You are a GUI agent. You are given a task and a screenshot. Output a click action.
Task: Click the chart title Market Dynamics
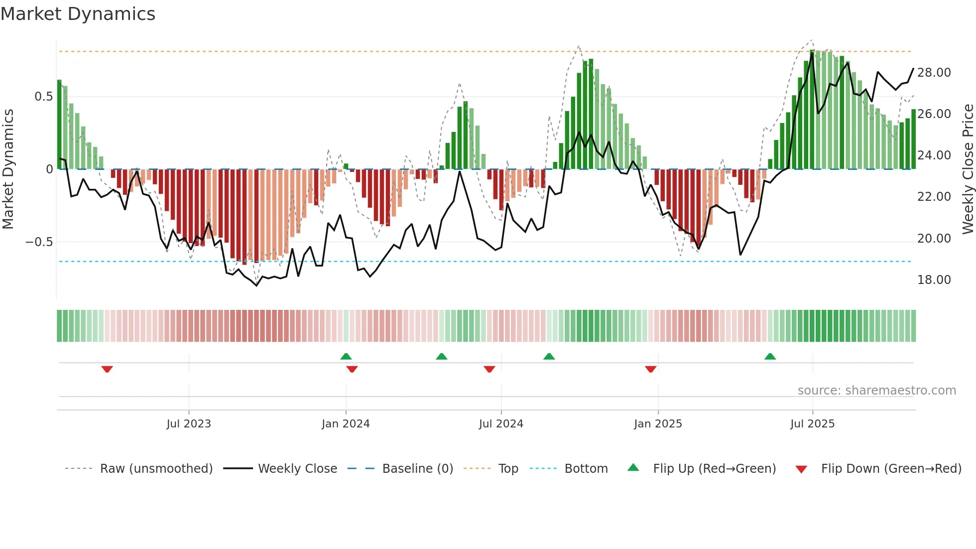tap(78, 14)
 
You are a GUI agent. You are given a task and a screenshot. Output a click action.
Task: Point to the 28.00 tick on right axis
tap(934, 73)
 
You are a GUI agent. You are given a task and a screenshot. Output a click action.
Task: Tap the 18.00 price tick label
tap(934, 280)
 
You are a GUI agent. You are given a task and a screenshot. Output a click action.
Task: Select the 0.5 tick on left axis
tap(43, 97)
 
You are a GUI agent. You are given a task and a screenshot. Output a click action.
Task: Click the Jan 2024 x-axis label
tap(346, 424)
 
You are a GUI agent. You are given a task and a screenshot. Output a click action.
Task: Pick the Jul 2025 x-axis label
tap(812, 424)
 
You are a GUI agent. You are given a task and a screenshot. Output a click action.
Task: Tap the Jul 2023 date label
tap(189, 424)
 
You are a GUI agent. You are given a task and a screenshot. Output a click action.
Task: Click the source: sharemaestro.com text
tap(876, 391)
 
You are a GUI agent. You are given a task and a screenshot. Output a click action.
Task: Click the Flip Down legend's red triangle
tap(801, 469)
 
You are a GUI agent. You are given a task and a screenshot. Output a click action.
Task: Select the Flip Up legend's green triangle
tap(633, 467)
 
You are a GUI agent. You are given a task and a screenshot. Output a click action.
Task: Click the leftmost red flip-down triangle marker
tap(107, 369)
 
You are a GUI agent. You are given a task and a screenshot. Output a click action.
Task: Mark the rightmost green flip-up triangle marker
tap(770, 356)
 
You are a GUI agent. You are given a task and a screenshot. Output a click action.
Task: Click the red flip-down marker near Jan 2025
tap(650, 369)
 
